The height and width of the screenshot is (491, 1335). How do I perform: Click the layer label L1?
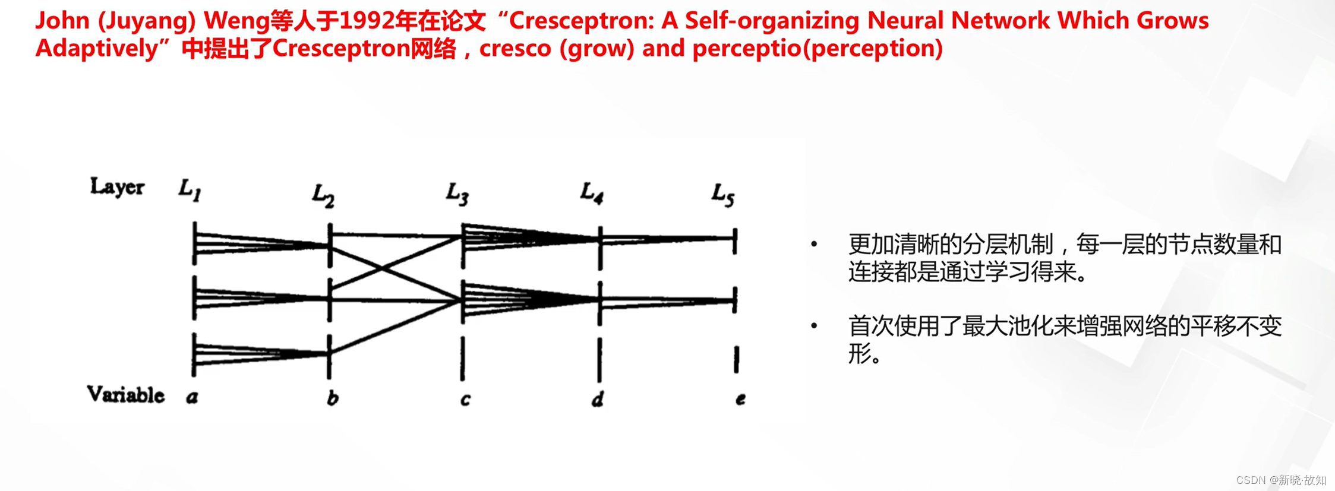(x=190, y=191)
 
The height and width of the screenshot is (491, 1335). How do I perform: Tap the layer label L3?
(x=457, y=194)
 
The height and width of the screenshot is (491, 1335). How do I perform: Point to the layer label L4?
(x=592, y=193)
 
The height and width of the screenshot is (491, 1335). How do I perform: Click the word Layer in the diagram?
(x=117, y=187)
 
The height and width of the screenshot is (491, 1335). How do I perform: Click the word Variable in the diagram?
(x=125, y=395)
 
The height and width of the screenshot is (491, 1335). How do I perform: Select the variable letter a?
(x=192, y=397)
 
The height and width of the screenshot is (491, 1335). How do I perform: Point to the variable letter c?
(x=465, y=399)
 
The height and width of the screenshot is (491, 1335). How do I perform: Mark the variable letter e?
(x=740, y=399)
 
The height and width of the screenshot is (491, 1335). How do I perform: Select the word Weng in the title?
(x=236, y=21)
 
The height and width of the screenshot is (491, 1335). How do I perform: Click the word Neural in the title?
(x=905, y=21)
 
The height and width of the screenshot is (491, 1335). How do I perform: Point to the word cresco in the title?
(x=515, y=48)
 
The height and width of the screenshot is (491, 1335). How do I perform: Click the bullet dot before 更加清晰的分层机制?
(x=815, y=244)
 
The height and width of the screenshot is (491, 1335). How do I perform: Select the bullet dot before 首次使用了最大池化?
(x=815, y=325)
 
